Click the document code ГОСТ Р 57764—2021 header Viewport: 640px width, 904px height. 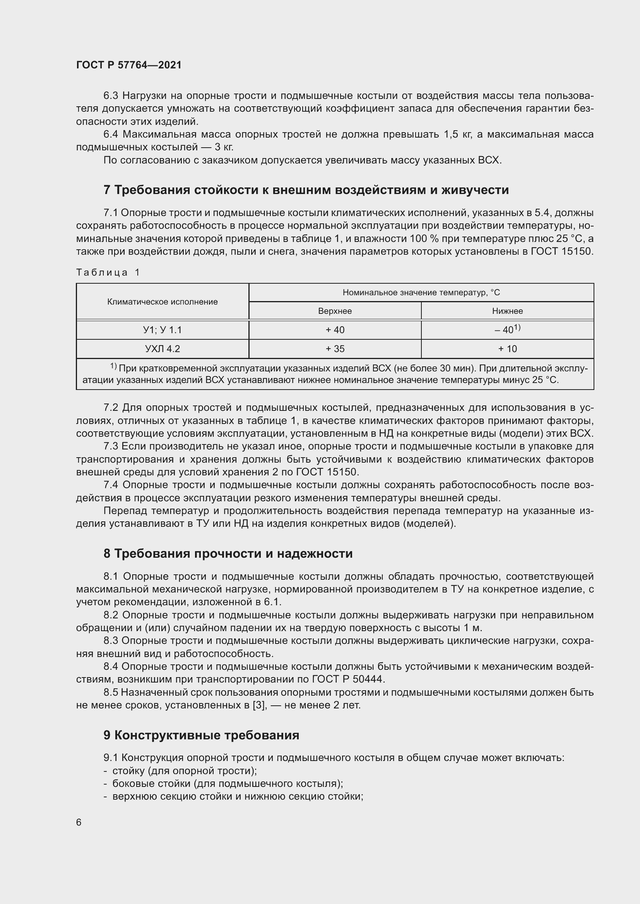(129, 65)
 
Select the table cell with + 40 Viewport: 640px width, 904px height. (335, 330)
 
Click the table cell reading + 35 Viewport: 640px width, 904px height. (335, 349)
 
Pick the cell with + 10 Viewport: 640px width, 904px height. (507, 349)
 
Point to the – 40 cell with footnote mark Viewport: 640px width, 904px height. (507, 330)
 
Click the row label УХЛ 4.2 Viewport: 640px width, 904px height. (163, 349)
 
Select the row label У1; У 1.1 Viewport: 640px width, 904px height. (163, 330)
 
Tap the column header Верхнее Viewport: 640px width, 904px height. (335, 311)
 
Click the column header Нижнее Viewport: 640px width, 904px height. (507, 311)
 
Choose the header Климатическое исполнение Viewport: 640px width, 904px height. (163, 302)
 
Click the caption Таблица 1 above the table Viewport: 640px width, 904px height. (108, 272)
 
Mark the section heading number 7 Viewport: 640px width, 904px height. (107, 190)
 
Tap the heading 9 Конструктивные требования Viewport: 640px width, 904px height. (201, 735)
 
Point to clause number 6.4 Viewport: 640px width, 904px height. (110, 134)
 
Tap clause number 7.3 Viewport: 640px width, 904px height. (110, 446)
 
